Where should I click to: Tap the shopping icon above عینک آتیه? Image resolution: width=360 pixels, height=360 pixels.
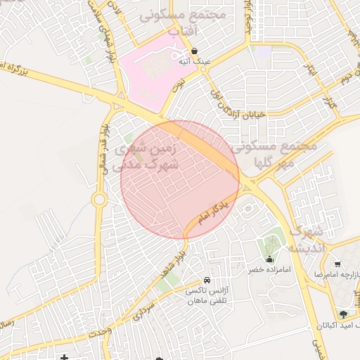(194, 50)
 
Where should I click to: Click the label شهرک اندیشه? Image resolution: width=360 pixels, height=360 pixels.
(305, 239)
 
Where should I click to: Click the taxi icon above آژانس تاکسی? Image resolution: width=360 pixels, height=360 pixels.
(206, 280)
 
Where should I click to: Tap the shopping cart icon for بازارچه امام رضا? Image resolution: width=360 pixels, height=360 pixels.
(338, 264)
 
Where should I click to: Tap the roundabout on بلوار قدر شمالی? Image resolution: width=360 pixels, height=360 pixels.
(98, 200)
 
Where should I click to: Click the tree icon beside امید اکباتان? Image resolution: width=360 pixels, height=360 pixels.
(343, 314)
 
